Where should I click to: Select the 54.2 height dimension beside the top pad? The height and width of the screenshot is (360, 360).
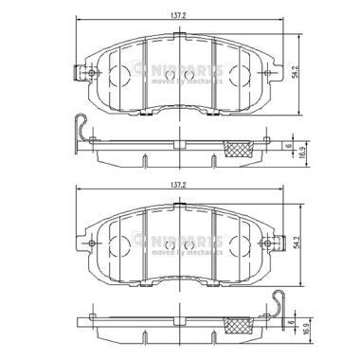click(297, 72)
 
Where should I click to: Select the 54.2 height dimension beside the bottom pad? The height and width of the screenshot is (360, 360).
click(297, 244)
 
